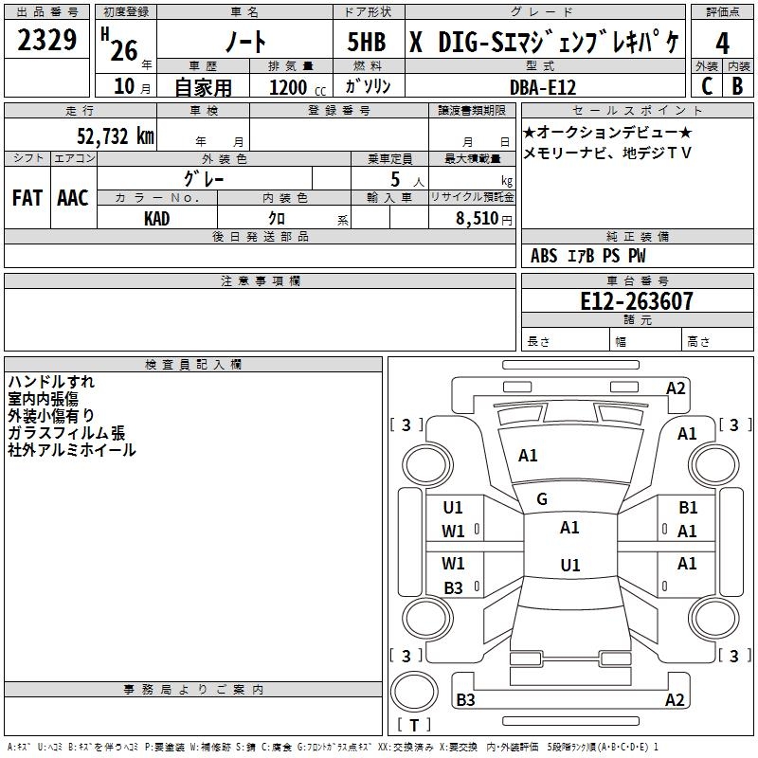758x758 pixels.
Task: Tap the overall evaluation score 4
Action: click(x=723, y=44)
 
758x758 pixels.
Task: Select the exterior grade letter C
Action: click(x=706, y=85)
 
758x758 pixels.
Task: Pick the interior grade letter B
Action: click(x=738, y=85)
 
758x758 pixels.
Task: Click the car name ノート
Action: click(x=247, y=42)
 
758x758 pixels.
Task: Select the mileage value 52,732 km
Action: click(x=115, y=136)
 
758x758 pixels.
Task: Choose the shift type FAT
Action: click(x=27, y=198)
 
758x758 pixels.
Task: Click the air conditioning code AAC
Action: click(x=73, y=198)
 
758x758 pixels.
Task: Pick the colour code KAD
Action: click(x=157, y=219)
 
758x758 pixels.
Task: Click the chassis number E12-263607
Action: click(x=636, y=301)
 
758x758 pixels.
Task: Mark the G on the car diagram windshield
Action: click(x=542, y=499)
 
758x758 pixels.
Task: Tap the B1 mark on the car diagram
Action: click(x=688, y=508)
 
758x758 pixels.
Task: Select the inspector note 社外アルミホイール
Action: click(x=72, y=450)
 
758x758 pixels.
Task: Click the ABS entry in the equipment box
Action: click(x=544, y=256)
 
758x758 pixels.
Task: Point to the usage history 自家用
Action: click(x=203, y=87)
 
